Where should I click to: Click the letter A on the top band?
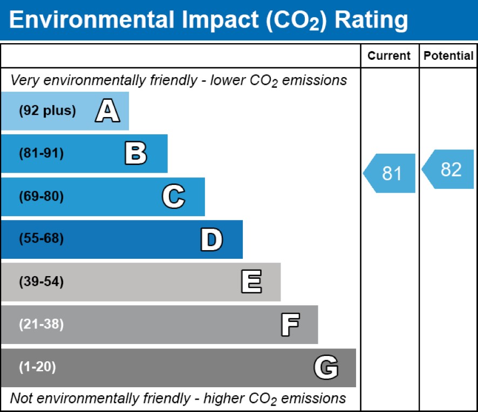tap(107, 111)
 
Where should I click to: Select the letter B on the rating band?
tap(135, 154)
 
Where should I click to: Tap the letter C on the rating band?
tap(174, 197)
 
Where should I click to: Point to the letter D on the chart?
tap(211, 239)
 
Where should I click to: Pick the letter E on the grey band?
tap(251, 282)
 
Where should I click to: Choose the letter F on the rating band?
tap(290, 325)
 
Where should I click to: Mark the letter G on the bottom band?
tap(326, 368)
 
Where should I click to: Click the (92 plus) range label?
tap(47, 111)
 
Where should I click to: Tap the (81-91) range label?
tap(42, 154)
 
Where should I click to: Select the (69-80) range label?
tap(42, 197)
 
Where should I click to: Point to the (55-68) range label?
tap(42, 239)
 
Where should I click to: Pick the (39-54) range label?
tap(42, 282)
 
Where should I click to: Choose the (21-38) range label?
tap(42, 325)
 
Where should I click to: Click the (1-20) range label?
tap(37, 368)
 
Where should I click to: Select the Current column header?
tap(389, 56)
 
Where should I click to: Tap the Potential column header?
tap(448, 56)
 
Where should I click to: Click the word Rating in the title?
tap(372, 20)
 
